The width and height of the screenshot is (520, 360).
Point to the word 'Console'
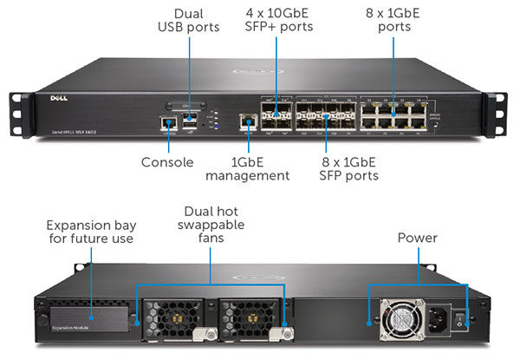tap(166, 162)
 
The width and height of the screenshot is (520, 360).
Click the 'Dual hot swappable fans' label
tap(212, 225)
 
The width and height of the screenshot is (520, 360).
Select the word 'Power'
tap(418, 237)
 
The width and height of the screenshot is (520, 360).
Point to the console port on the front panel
tap(166, 123)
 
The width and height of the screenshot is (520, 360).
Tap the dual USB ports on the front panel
tap(190, 119)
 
